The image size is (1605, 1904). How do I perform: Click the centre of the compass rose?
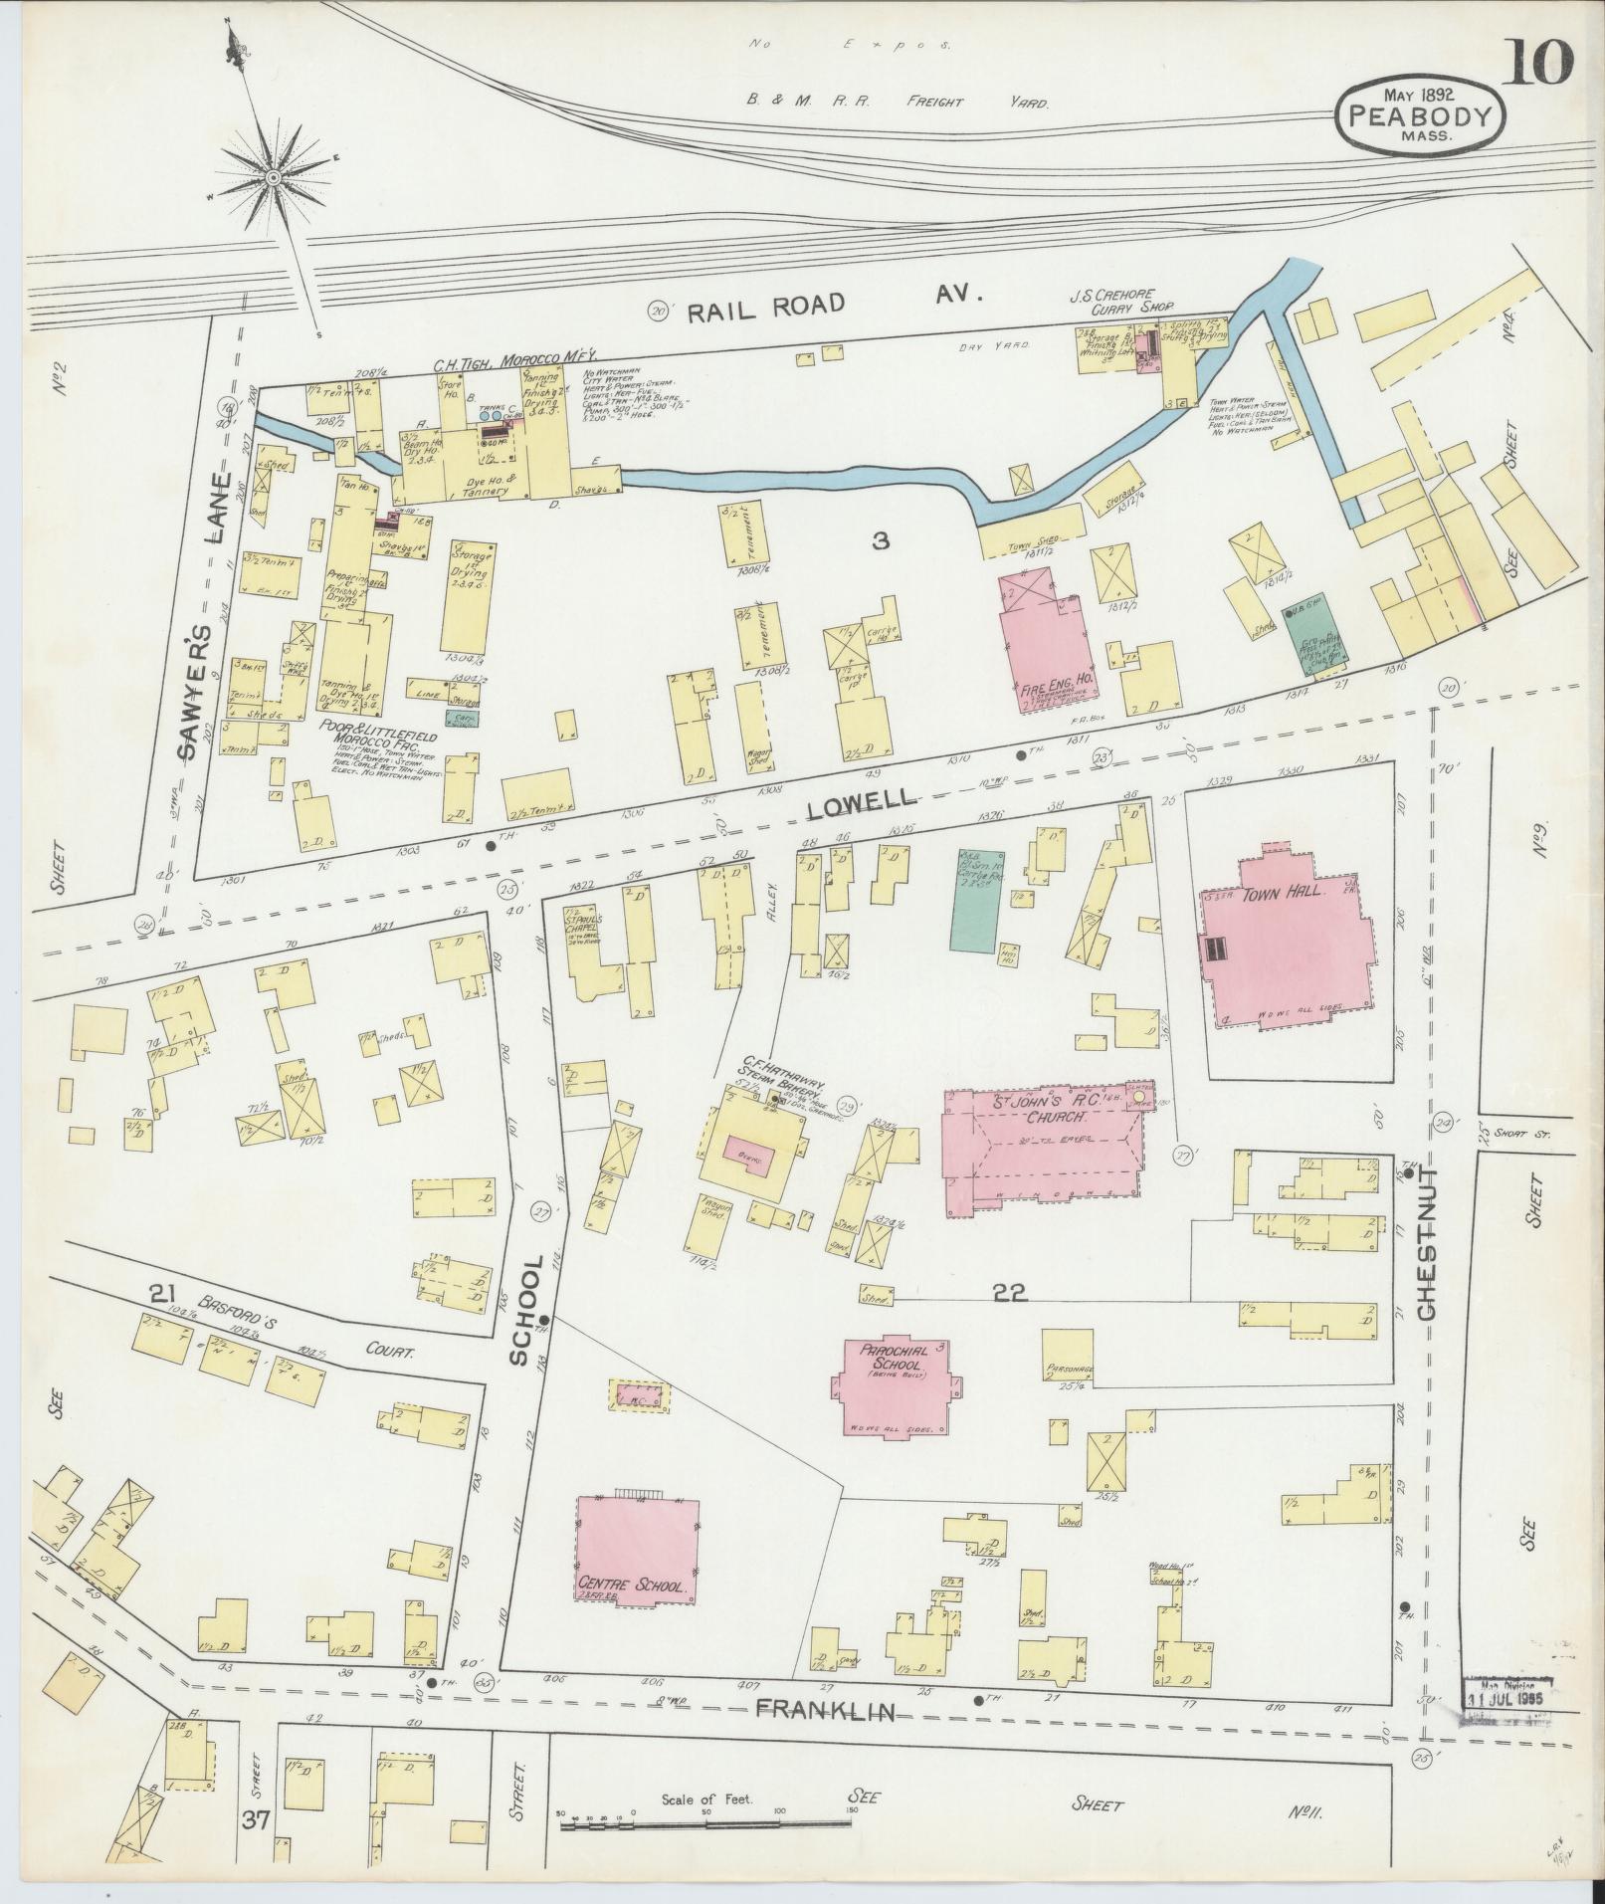[272, 177]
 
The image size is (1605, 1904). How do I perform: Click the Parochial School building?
[897, 1382]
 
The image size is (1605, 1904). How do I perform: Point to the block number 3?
[880, 542]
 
